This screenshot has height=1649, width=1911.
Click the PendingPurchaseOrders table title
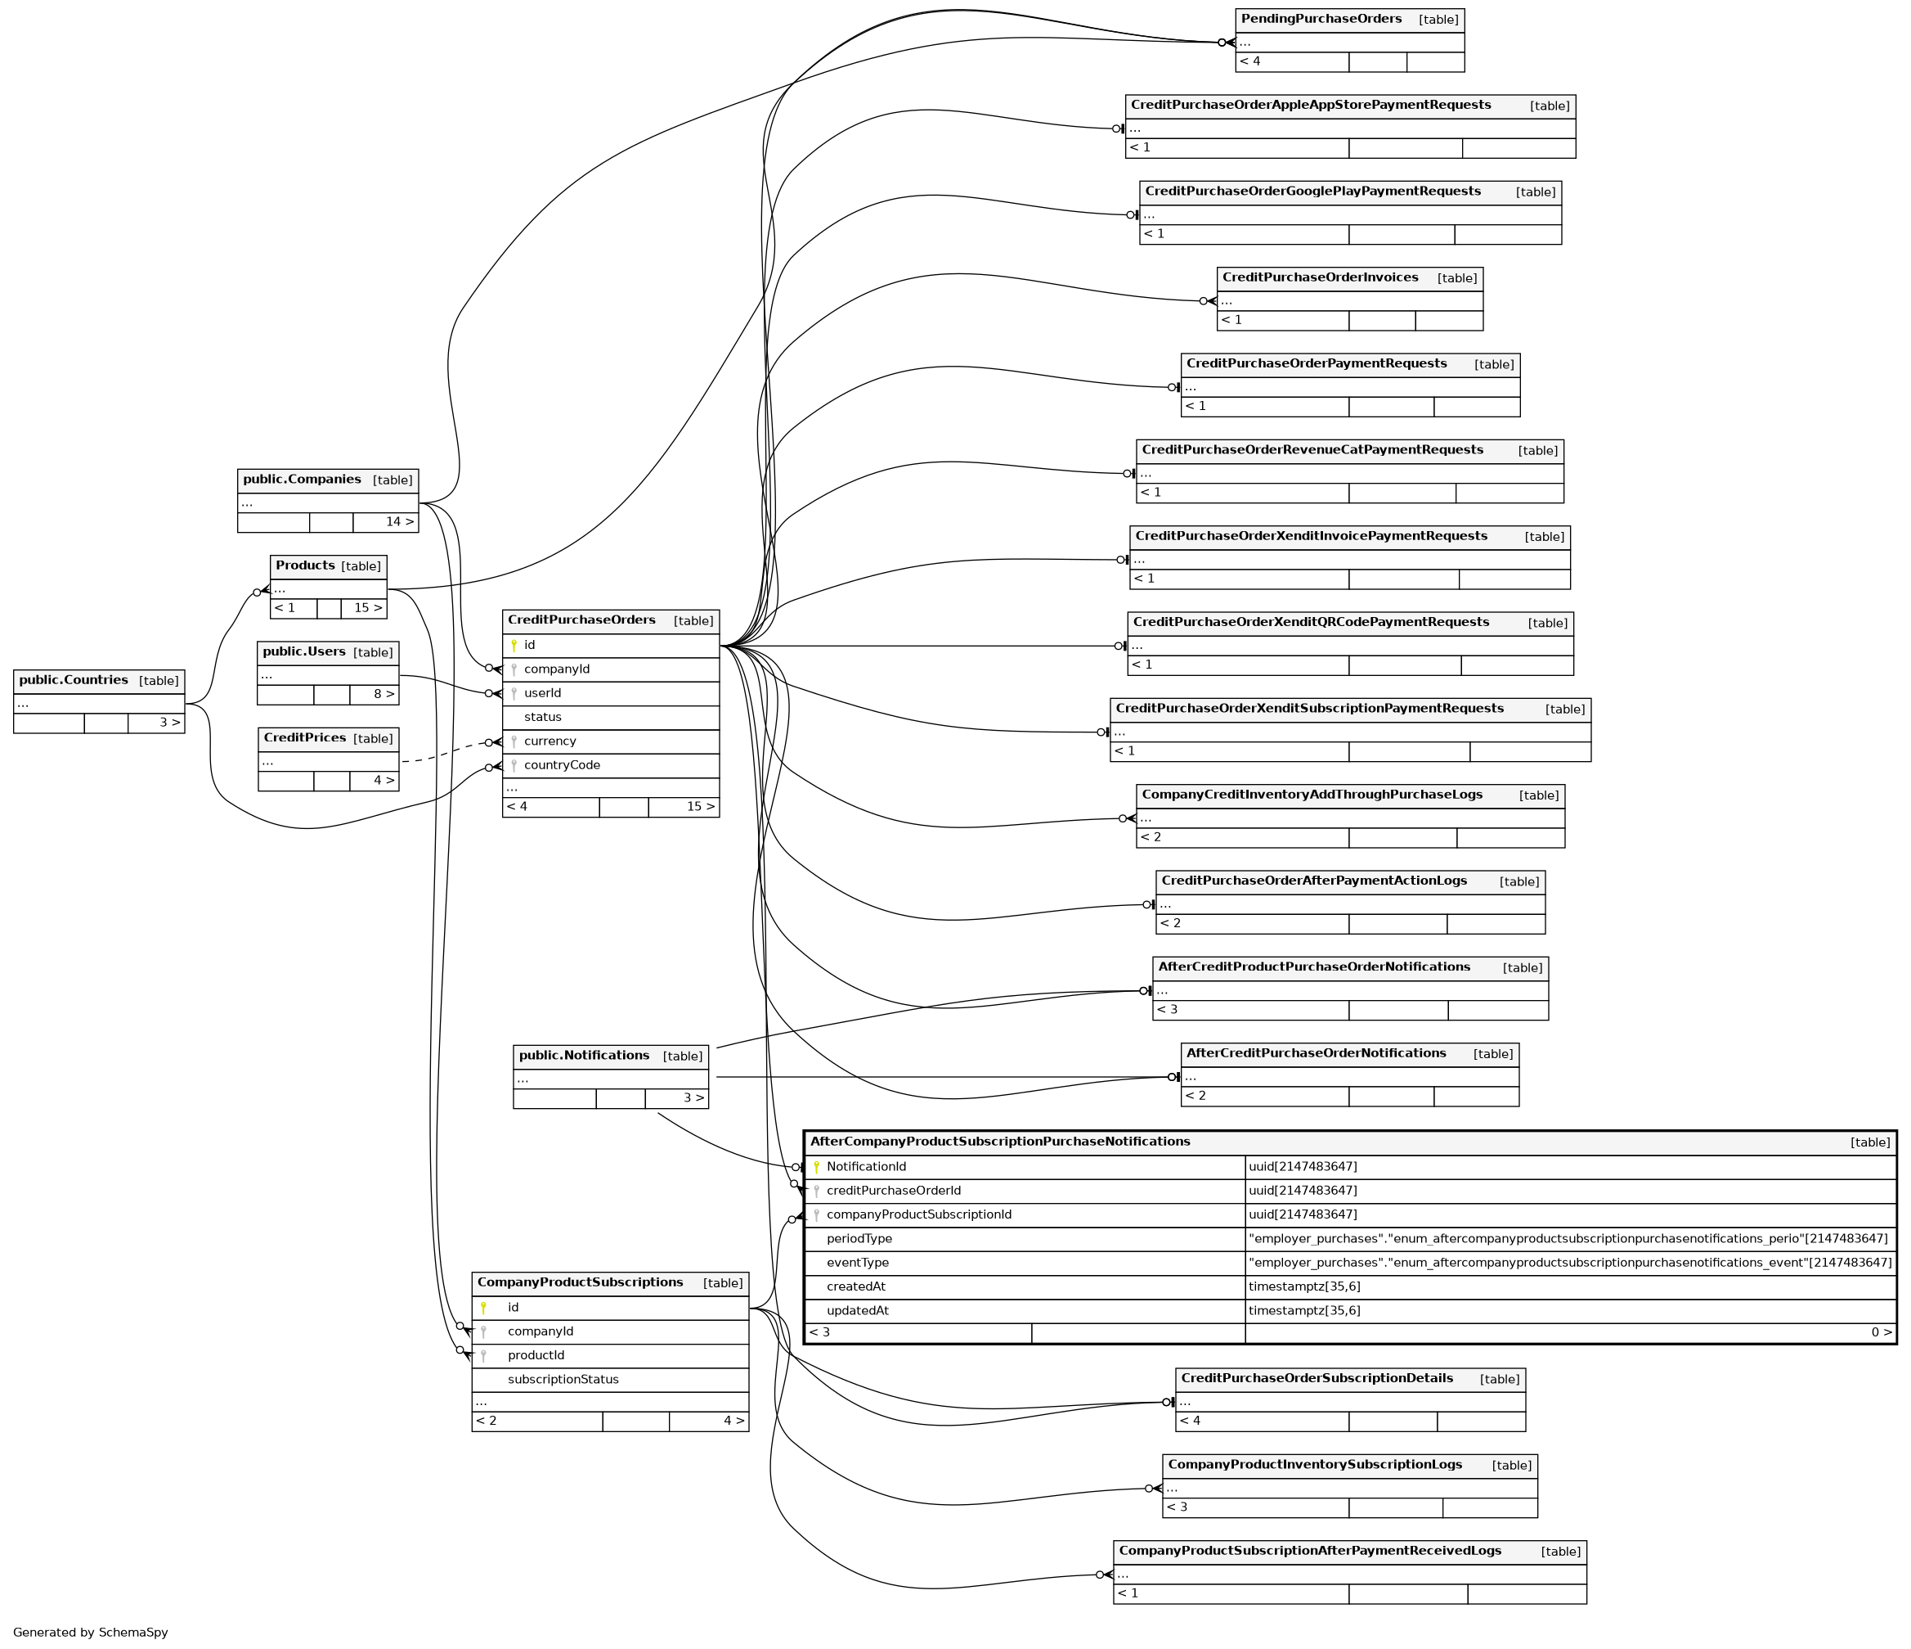tap(1321, 20)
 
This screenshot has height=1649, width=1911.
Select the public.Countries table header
tap(74, 681)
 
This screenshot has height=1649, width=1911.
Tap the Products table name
tap(305, 565)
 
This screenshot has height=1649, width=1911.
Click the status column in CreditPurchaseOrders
tap(542, 717)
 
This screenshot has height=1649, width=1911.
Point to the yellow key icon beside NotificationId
tap(816, 1167)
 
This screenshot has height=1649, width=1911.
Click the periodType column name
tap(859, 1238)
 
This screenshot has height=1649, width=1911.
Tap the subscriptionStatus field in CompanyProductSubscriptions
tap(563, 1380)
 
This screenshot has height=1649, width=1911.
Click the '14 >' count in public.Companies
tap(399, 522)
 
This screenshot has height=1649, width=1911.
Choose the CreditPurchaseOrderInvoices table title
tap(1320, 277)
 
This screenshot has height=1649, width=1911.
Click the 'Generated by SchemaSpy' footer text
tap(91, 1633)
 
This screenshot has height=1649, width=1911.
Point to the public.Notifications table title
tap(584, 1056)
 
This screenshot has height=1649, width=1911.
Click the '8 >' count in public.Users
tap(384, 694)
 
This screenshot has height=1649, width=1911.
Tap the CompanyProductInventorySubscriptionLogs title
tap(1314, 1464)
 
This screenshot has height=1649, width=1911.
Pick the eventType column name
tap(858, 1263)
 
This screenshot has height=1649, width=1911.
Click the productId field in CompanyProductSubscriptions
tap(536, 1355)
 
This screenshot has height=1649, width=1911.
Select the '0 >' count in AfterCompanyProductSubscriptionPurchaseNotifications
tap(1882, 1332)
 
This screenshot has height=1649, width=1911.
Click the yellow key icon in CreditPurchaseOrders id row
tap(514, 646)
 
